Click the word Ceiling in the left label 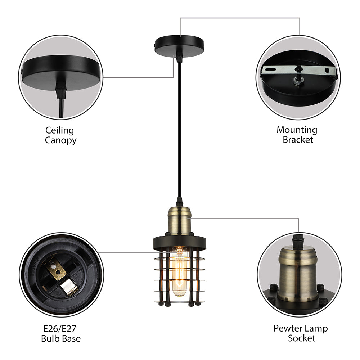(x=59, y=130)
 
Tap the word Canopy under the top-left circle (x=60, y=140)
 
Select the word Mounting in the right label (x=297, y=130)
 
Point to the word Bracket (x=298, y=140)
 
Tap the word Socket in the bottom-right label (x=301, y=338)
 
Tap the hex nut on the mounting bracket (x=297, y=82)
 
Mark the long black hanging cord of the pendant (x=179, y=126)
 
